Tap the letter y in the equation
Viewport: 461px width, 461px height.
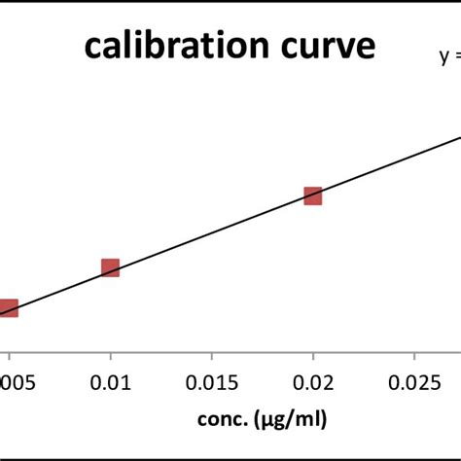(x=443, y=58)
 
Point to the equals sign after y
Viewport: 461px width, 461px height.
(x=456, y=58)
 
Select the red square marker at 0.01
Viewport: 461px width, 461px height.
(x=110, y=267)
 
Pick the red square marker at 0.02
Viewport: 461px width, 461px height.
(x=312, y=195)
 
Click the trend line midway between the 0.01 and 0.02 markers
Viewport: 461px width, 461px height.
(x=211, y=231)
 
